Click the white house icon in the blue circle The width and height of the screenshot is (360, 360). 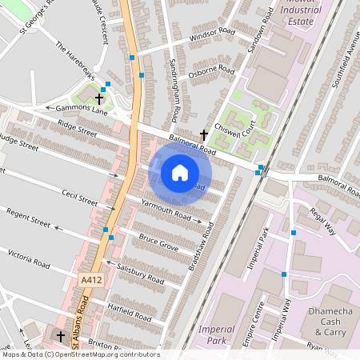[x=180, y=173]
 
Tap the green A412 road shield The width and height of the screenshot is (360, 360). [x=90, y=279]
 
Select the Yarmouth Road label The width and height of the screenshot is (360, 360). [x=166, y=210]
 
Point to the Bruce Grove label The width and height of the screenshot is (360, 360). [x=158, y=242]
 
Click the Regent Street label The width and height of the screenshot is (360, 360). [x=28, y=218]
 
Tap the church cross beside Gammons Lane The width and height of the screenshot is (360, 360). [x=99, y=98]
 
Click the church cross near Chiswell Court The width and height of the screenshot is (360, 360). [x=203, y=134]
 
